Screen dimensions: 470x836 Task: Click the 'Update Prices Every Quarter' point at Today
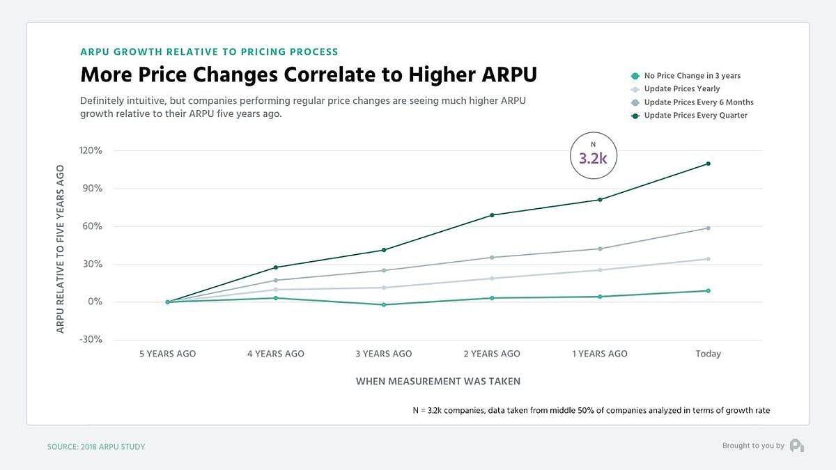(x=708, y=164)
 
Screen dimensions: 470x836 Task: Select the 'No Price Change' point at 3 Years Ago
(x=384, y=305)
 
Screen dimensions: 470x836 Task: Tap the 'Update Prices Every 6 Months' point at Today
(x=708, y=228)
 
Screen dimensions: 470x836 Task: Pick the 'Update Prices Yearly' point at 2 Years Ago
(x=492, y=279)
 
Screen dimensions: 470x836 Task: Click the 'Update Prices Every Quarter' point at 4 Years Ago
(x=276, y=267)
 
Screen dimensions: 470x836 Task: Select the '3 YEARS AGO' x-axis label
(x=384, y=354)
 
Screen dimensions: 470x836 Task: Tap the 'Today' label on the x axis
(x=708, y=354)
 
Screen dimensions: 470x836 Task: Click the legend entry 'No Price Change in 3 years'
(x=692, y=75)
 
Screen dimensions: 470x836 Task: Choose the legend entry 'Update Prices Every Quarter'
(x=695, y=115)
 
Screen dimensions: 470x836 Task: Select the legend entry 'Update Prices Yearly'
(x=682, y=88)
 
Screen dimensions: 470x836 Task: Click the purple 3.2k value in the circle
(x=593, y=158)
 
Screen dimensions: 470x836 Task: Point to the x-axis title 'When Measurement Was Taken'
(x=438, y=382)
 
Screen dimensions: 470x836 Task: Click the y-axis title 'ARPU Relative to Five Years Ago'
(x=61, y=249)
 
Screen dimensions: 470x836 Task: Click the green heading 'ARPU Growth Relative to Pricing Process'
(x=209, y=52)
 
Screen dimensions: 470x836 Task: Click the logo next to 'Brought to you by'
(x=797, y=446)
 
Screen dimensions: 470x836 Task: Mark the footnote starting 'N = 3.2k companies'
(x=591, y=410)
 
